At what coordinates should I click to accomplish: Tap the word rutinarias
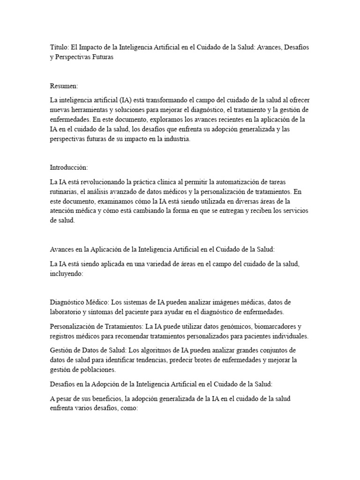click(x=65, y=191)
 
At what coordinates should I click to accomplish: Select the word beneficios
click(x=106, y=398)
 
